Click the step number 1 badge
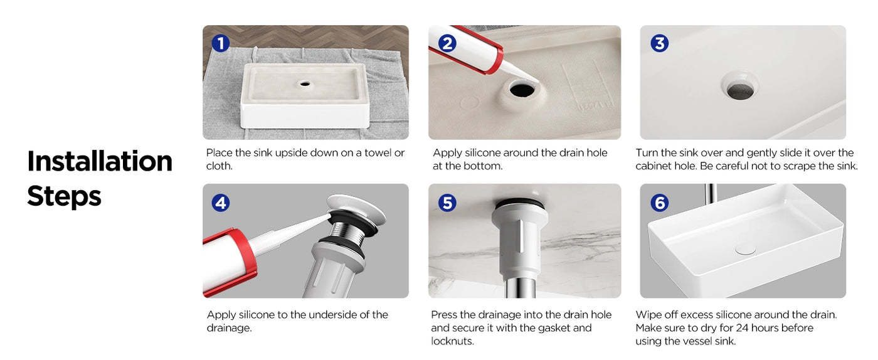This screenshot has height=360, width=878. tap(220, 43)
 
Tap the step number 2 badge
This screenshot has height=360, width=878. tap(447, 43)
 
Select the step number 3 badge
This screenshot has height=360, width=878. tap(659, 43)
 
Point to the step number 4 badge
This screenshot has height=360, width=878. tap(220, 203)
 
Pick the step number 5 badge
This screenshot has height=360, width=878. tap(447, 203)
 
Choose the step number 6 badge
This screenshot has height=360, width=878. tap(659, 203)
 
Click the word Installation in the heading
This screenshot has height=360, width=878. tap(99, 161)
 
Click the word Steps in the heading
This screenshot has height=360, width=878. tap(64, 196)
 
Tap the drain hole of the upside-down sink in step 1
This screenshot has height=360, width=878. tap(305, 83)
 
